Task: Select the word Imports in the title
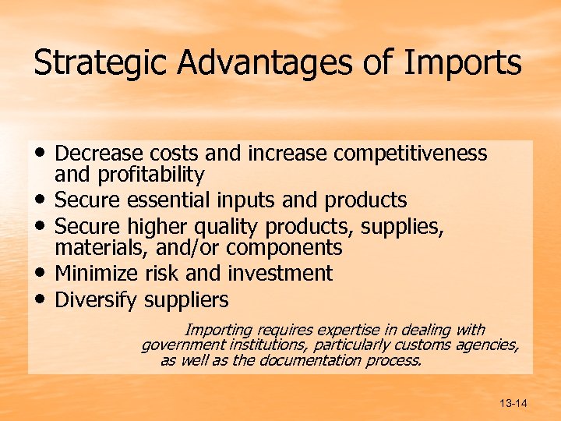464,63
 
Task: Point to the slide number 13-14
514,403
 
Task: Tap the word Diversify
92,299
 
